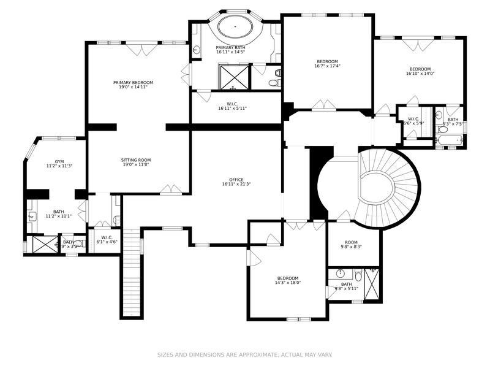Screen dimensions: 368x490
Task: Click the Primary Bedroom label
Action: click(x=133, y=82)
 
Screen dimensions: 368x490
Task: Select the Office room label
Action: click(x=236, y=180)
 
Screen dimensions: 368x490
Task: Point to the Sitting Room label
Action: click(x=133, y=159)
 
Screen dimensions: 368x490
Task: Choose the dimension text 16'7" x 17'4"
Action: click(x=327, y=66)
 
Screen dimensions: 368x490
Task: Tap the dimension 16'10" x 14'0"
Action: click(x=420, y=74)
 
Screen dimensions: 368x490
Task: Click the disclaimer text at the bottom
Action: click(x=244, y=355)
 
